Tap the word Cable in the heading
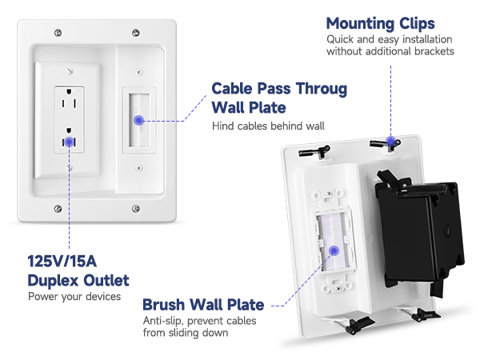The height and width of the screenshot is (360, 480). coord(233,88)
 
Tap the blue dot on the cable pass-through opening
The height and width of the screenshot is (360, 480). coord(139,119)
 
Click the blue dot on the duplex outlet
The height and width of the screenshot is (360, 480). coord(70,142)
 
